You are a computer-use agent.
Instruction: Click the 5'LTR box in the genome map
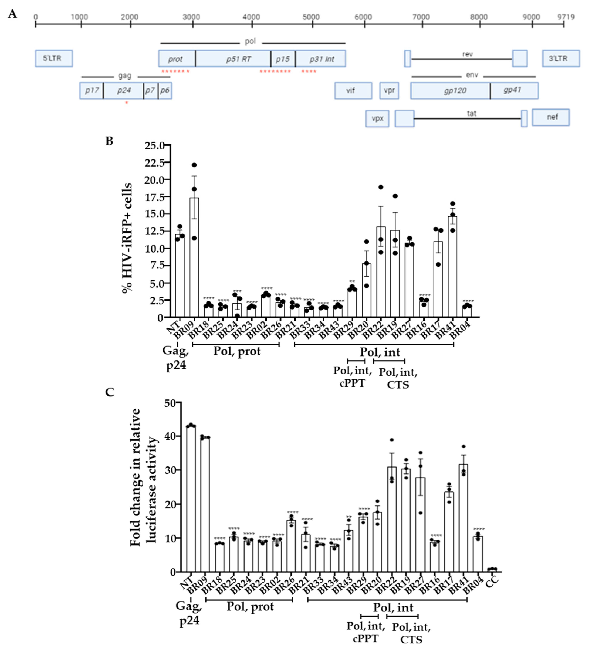(54, 58)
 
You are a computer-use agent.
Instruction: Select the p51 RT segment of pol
(233, 59)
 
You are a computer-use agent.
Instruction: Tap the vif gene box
(353, 90)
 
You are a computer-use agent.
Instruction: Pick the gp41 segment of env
(514, 90)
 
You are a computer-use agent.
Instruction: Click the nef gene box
(551, 117)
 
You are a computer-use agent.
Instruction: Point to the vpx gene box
(377, 118)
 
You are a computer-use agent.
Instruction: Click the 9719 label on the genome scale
(565, 17)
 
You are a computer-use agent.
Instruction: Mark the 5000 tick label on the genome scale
(311, 17)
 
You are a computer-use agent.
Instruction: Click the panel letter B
(109, 141)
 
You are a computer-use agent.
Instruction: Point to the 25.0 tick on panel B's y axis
(154, 146)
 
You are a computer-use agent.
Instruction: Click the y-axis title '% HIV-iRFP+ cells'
(127, 238)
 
